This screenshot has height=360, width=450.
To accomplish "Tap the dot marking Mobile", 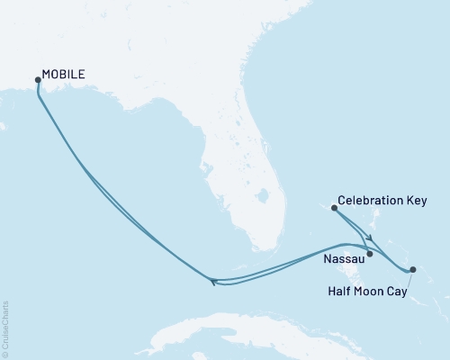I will coord(38,80).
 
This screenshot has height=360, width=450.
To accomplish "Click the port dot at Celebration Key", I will coord(335,208).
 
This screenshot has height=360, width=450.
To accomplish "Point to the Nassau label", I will coord(343,259).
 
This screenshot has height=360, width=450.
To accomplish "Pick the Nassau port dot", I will coord(370,254).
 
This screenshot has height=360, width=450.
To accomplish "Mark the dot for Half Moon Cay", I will coord(412,269).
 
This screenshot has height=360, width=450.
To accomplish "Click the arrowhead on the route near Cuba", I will coord(213,283).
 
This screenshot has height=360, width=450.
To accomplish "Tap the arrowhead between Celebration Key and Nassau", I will coord(367,238).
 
